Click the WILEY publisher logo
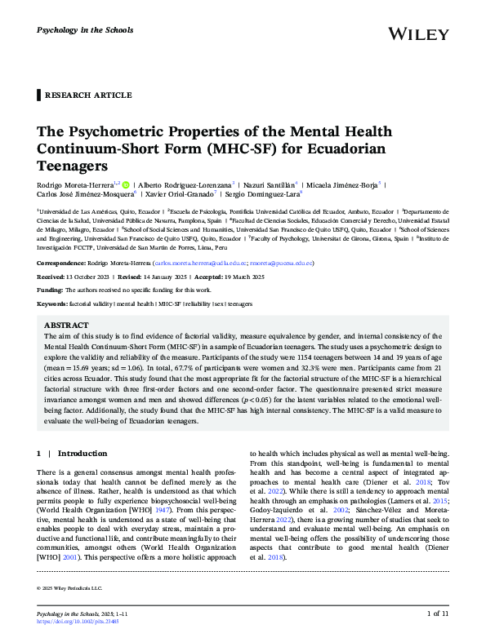(x=419, y=33)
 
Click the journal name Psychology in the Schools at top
(x=82, y=30)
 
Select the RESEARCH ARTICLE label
(x=88, y=95)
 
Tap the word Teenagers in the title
(x=74, y=166)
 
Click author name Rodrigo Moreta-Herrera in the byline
(x=77, y=186)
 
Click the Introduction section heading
(x=82, y=453)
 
